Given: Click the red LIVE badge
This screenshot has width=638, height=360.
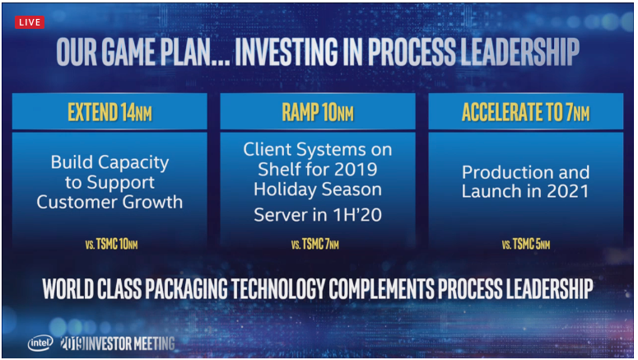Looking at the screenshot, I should [x=29, y=22].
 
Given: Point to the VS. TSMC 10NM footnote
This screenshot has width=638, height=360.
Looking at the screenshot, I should [x=109, y=245].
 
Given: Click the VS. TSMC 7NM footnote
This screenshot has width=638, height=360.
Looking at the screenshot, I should [x=318, y=245].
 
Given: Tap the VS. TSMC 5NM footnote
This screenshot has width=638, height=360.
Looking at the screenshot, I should [x=525, y=245].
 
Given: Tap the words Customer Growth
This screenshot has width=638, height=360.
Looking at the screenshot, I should [x=109, y=202].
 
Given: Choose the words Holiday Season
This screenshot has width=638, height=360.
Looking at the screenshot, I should [x=318, y=189].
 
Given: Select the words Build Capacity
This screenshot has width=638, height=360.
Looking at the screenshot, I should [x=109, y=162].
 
